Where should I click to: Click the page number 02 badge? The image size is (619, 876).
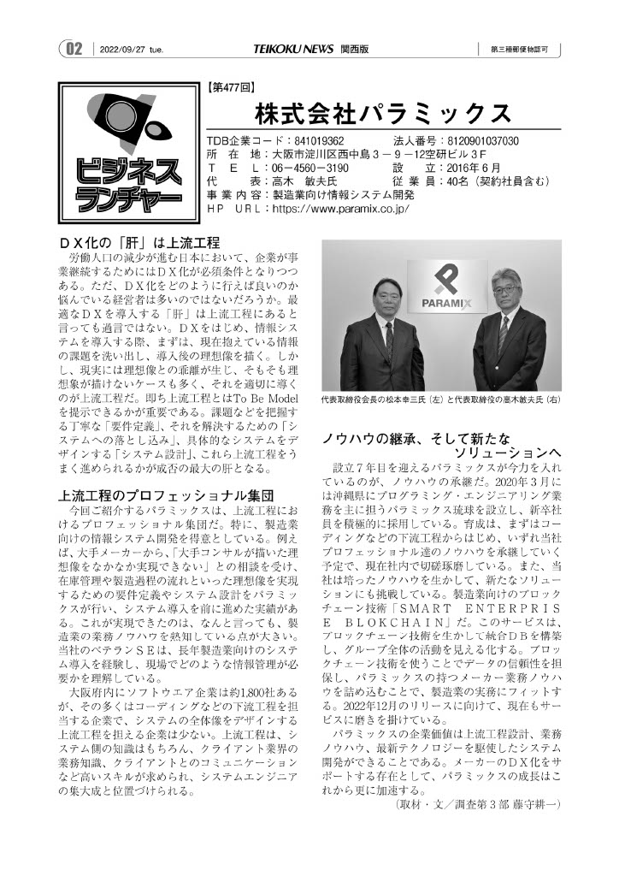[x=74, y=49]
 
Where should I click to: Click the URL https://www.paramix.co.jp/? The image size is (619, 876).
[x=340, y=208]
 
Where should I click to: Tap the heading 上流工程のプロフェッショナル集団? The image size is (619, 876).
[x=165, y=494]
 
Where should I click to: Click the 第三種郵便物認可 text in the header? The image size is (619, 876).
[x=525, y=50]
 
